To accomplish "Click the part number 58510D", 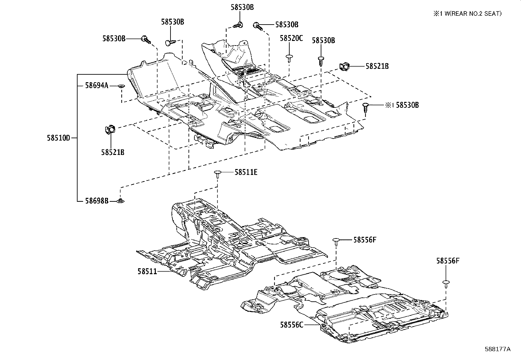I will [x=58, y=138].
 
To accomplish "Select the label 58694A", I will [x=97, y=85].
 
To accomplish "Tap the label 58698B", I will [x=97, y=201].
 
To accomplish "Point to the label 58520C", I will [x=291, y=38].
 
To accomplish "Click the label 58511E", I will [x=246, y=172].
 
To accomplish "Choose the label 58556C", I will [x=292, y=325].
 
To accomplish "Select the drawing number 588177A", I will [x=497, y=349].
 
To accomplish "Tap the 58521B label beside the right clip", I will [x=377, y=66].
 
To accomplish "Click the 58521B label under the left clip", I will [x=112, y=152].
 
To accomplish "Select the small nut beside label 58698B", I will [x=121, y=201].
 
